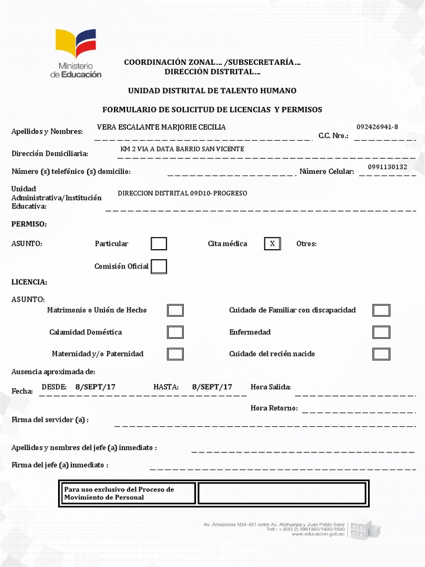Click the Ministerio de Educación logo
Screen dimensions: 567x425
coord(78,53)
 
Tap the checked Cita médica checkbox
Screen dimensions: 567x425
coord(272,244)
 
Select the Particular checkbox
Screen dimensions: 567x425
coord(159,244)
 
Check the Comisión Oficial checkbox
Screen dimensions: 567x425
coord(159,266)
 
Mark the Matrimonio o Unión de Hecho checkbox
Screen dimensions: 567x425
coord(175,310)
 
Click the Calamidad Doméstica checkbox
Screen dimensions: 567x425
coord(175,332)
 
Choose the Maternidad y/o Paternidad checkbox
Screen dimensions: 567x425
coord(175,354)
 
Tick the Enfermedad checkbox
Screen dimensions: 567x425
coord(381,332)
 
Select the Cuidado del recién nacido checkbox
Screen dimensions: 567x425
coord(381,354)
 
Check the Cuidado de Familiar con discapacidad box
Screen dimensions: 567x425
coord(381,310)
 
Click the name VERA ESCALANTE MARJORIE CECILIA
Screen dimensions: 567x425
coord(161,127)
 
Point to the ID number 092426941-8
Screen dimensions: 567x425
coord(377,127)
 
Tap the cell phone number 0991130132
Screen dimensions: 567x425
coord(387,167)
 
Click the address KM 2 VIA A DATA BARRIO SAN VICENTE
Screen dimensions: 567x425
coord(182,150)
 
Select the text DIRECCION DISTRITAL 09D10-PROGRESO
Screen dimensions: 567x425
coord(183,193)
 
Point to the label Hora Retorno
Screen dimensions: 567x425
coord(274,409)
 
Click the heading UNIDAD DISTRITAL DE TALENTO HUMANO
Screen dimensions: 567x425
coord(212,91)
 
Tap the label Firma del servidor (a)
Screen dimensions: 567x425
coord(50,420)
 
